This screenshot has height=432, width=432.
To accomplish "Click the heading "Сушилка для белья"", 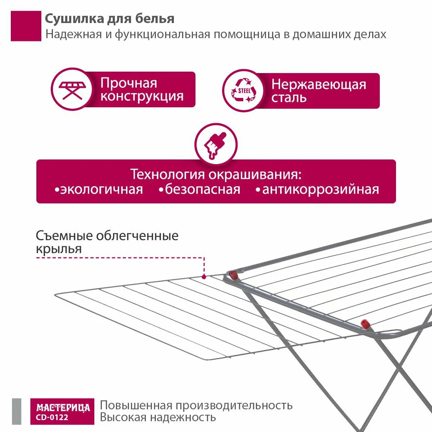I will (x=109, y=19).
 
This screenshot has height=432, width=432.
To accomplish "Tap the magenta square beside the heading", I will (x=26, y=26).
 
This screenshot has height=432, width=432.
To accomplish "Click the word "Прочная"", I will (x=129, y=83).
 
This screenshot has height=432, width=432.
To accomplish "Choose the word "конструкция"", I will (x=142, y=96).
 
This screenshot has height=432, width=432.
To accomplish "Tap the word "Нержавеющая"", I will (x=319, y=85).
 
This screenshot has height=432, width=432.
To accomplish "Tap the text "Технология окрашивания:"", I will (x=216, y=175).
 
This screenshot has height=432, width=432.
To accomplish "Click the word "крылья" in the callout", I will (x=59, y=249).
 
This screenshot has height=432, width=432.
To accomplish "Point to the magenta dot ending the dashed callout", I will (x=204, y=277).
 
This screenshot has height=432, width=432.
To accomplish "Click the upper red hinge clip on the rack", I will (x=233, y=276).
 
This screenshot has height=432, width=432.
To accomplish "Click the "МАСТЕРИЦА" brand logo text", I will (x=63, y=408).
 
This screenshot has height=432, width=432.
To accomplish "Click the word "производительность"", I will (x=234, y=405).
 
